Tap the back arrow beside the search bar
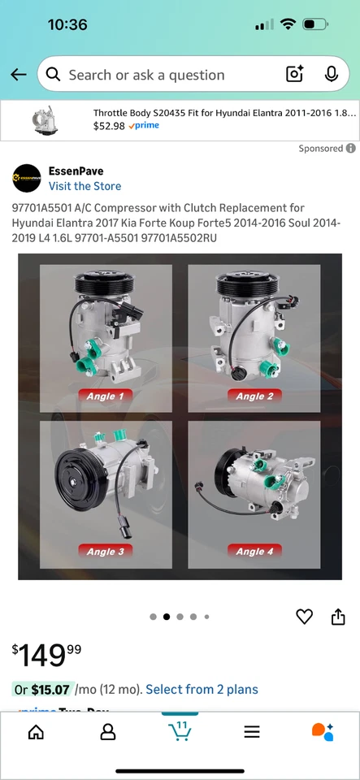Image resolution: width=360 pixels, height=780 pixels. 19,75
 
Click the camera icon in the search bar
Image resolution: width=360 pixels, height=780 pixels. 294,75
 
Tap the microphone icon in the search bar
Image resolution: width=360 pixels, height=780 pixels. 331,75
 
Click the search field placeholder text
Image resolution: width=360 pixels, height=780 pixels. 146,75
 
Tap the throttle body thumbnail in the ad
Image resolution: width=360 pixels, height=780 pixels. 44,119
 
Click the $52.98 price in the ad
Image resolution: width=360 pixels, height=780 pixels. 109,126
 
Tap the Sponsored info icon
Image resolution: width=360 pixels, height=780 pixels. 351,149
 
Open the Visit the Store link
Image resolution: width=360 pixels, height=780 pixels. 85,186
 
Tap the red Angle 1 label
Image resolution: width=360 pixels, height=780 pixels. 106,396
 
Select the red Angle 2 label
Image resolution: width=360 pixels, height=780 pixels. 254,396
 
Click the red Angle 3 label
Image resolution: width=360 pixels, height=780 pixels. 106,551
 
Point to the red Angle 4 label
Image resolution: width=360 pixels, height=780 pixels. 254,551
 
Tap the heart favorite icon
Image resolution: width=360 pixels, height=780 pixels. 304,617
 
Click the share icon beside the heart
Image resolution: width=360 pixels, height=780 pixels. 338,617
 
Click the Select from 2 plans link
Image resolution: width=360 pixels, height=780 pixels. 202,689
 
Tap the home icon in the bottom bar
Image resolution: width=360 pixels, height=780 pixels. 36,732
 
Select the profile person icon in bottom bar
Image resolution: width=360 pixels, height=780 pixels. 107,732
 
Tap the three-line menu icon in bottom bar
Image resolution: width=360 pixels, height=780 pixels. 252,732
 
